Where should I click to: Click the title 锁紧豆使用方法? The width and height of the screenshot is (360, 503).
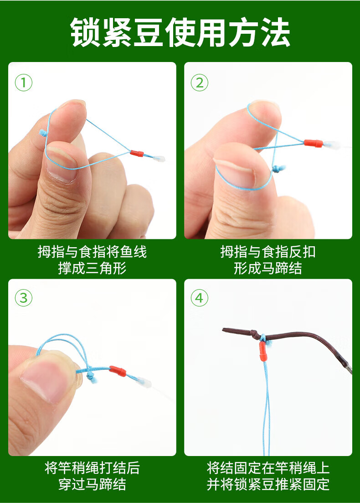[180, 32]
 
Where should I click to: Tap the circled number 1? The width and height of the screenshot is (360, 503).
[24, 83]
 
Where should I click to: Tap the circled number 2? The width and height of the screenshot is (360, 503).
[200, 83]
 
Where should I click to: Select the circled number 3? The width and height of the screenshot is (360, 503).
[24, 298]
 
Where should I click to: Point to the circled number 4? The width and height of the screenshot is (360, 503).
[200, 298]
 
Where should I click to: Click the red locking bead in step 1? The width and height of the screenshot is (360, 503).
[137, 153]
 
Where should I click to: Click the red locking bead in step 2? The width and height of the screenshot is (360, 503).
[314, 143]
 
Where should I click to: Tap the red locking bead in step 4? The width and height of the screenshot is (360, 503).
[262, 351]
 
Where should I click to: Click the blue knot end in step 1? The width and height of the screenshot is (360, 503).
[42, 133]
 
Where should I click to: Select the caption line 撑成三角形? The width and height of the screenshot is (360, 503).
[93, 268]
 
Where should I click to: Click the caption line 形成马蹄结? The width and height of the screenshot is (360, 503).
[267, 268]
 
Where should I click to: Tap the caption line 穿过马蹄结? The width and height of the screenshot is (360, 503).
[93, 484]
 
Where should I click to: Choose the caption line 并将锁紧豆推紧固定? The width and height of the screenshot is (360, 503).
[268, 484]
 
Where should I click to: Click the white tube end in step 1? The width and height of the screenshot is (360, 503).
[159, 159]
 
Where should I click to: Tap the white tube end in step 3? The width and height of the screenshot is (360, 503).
[144, 382]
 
